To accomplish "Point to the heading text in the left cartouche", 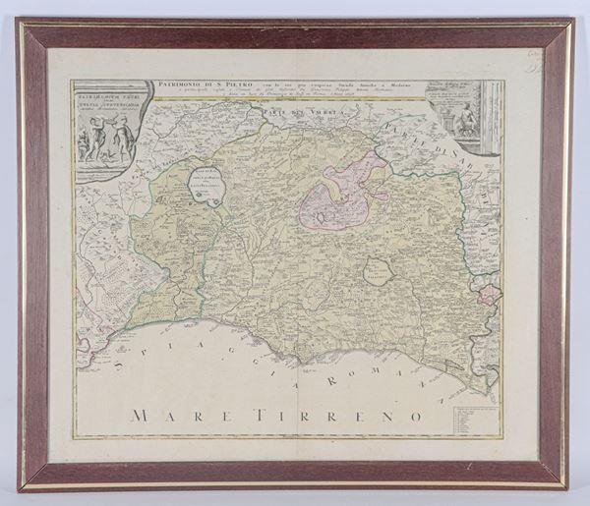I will point(108,102).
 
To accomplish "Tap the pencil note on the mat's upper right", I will point(537,61).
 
